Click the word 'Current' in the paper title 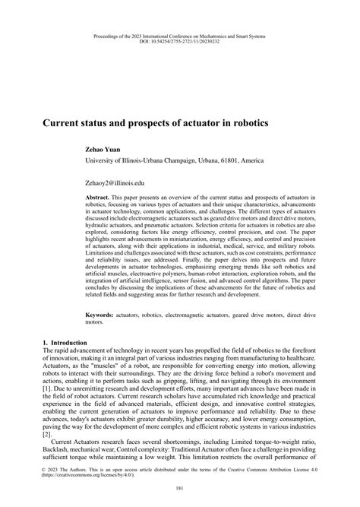tap(66, 122)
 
